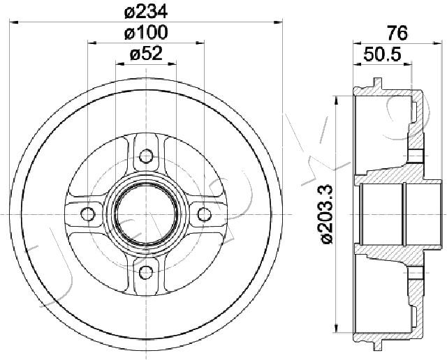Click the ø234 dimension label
[146, 12]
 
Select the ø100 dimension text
[146, 33]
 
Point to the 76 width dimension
[397, 33]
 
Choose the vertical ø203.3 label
[327, 214]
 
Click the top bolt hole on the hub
[146, 156]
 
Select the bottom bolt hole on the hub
[146, 273]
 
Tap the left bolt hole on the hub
[87, 214]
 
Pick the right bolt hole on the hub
[205, 214]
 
